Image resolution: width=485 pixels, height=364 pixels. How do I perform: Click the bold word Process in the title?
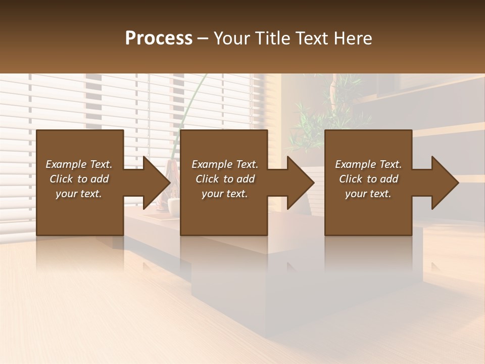tap(159, 38)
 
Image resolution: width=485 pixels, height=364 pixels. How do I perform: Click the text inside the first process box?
tap(79, 179)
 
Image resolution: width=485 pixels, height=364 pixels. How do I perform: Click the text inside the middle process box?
tap(225, 179)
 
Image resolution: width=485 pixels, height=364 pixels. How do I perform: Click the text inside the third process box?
tap(368, 179)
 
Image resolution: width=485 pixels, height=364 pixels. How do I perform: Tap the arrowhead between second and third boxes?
tap(300, 183)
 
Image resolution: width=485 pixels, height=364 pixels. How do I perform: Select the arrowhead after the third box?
tap(444, 183)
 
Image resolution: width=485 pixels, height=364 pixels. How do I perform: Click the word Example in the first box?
tap(65, 164)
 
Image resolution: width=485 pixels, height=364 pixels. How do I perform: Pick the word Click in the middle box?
tap(207, 179)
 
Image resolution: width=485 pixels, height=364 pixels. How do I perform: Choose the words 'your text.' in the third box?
tap(368, 194)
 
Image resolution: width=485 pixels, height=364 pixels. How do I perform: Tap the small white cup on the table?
tap(174, 205)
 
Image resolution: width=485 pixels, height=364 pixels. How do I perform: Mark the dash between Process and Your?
tap(203, 38)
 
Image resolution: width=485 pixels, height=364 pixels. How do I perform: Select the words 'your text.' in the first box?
tap(79, 194)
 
